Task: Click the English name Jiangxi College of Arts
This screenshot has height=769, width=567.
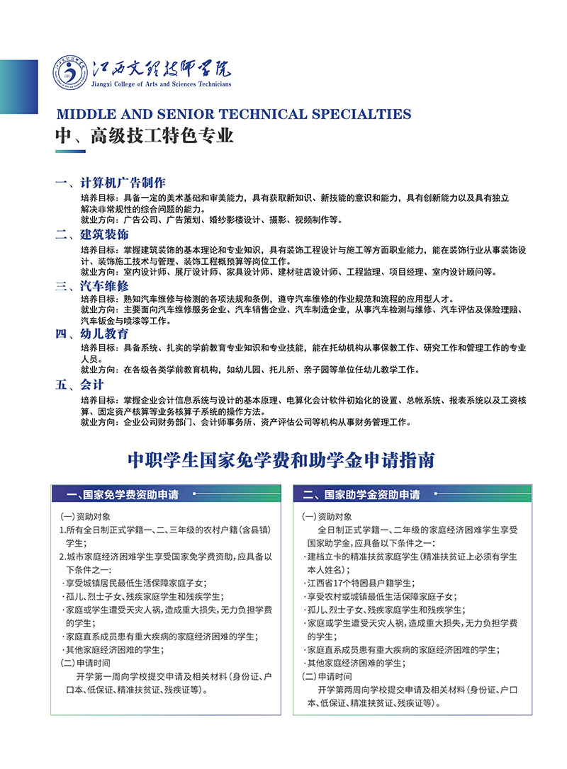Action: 161,84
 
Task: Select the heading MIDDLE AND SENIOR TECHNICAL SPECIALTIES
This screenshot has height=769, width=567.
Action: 233,114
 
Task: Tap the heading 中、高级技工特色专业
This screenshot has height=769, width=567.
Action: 145,135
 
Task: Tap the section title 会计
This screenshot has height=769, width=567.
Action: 92,384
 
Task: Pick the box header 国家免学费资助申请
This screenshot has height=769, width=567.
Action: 122,494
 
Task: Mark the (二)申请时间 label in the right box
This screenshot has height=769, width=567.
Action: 326,676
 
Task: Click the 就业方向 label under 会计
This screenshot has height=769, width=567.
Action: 101,423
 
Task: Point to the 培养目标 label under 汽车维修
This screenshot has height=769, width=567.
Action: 101,298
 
